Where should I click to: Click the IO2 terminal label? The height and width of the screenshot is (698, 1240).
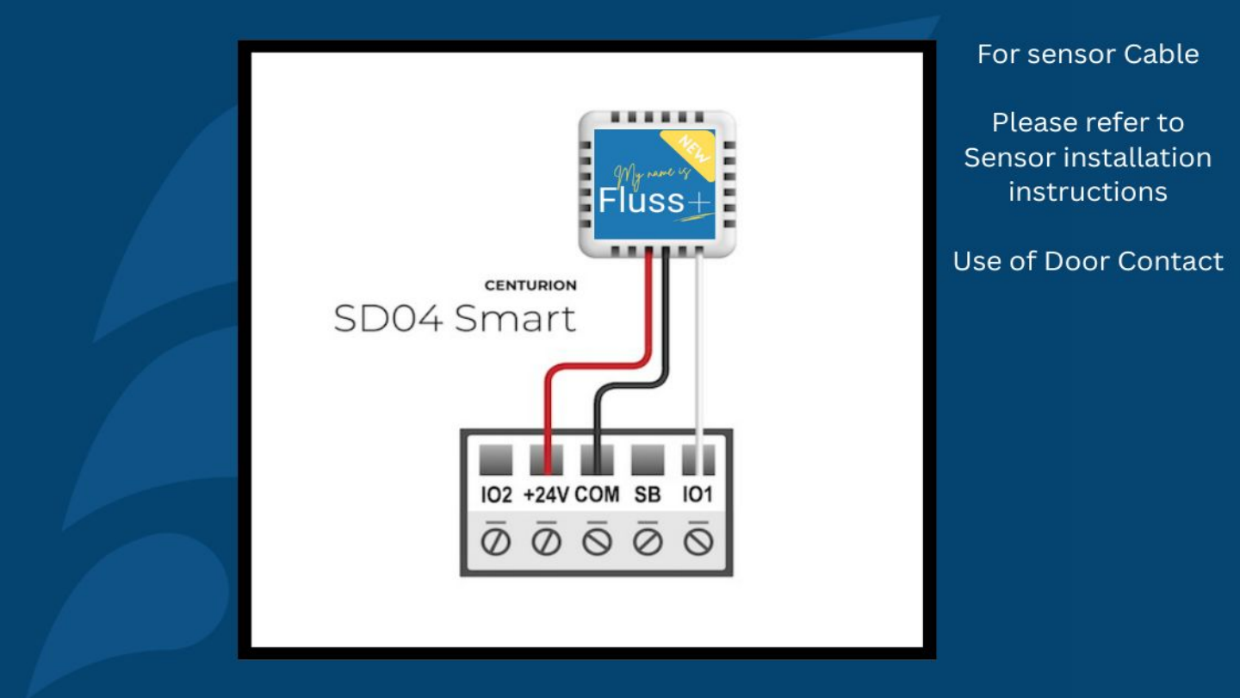tap(496, 495)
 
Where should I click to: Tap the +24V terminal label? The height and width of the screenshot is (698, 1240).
tap(546, 495)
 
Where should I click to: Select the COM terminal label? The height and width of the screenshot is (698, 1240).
tap(597, 495)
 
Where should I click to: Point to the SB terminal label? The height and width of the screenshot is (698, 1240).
tap(648, 495)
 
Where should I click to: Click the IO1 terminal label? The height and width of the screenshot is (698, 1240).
tap(697, 495)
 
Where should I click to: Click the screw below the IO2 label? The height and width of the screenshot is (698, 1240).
tap(496, 542)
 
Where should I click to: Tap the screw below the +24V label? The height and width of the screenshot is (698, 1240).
tap(546, 542)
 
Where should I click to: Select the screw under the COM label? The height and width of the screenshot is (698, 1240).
tap(597, 542)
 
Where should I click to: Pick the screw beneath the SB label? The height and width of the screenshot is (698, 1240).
tap(648, 542)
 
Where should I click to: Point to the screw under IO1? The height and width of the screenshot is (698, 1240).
tap(698, 542)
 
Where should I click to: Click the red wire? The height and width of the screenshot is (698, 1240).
tap(548, 405)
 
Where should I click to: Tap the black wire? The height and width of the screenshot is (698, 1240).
tap(597, 414)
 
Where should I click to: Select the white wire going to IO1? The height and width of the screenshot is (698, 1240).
tap(698, 362)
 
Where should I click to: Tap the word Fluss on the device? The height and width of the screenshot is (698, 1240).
tap(642, 202)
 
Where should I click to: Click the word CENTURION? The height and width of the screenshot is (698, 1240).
tap(530, 285)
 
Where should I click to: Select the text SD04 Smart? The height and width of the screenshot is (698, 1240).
tap(454, 319)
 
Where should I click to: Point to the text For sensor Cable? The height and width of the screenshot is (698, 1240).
tap(1088, 54)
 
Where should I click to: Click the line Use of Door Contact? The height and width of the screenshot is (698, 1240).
tap(1088, 261)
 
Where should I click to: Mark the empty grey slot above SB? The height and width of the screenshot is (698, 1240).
tap(648, 460)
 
